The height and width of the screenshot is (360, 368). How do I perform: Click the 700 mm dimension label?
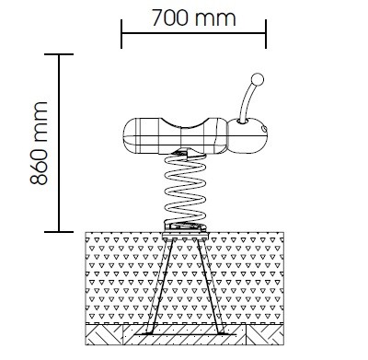coord(193,17)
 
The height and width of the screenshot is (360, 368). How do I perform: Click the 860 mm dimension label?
coord(40,143)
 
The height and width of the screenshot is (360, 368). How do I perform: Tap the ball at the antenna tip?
coord(258,80)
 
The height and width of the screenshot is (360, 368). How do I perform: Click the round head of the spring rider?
coord(247,135)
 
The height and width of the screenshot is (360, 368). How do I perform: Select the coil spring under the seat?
coord(185,190)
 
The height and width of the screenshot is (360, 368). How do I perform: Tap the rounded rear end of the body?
coord(132,136)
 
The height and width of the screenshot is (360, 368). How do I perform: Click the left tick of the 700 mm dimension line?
coord(121,34)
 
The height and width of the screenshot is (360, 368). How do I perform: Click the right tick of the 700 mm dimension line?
coord(266,34)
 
